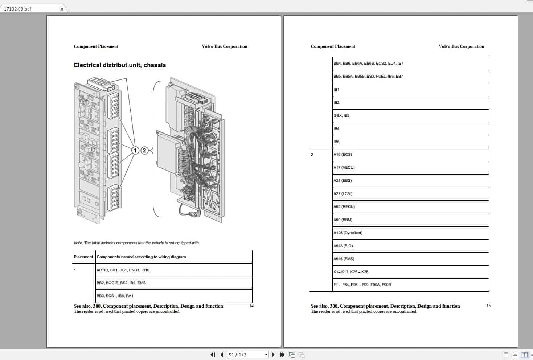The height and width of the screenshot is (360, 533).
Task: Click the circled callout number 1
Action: [x=135, y=150]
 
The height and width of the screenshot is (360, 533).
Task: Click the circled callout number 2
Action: [x=144, y=150]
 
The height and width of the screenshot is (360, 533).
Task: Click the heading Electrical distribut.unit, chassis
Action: [x=120, y=65]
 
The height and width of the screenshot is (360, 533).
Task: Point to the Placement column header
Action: [x=83, y=257]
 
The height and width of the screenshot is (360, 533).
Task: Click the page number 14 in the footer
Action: [x=251, y=306]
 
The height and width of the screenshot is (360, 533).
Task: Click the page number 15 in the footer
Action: [x=488, y=306]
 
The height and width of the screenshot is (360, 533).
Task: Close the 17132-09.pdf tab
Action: [x=62, y=9]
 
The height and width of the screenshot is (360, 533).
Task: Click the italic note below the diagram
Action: [x=137, y=243]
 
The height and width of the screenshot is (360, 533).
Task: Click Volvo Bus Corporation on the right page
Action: [x=461, y=46]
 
